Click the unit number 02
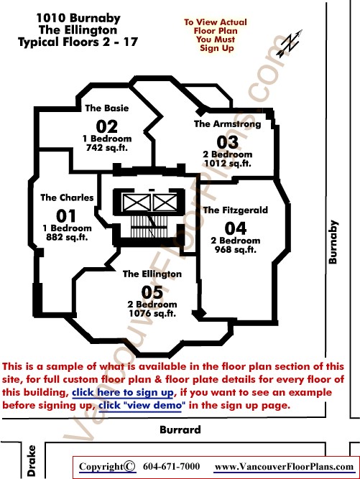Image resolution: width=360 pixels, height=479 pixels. pos(106,126)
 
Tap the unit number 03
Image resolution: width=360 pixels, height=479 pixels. pos(227,142)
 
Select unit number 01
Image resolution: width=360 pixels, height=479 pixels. pos(65,216)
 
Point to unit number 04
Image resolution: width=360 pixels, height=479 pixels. pos(235,228)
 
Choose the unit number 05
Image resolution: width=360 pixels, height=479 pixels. pos(152,292)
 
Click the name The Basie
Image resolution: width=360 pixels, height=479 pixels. pos(106,108)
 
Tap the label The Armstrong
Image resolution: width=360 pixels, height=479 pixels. pos(227,124)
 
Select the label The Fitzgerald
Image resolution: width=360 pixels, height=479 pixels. pos(235,210)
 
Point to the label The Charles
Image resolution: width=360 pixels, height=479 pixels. pos(67,197)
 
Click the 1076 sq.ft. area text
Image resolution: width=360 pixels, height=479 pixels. pos(152,313)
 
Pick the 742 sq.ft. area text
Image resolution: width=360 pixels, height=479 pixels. pos(106,148)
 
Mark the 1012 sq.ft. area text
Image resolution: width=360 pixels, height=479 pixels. pos(227,164)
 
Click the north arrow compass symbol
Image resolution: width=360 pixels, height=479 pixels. pos(290,43)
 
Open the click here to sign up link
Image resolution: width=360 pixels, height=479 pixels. pos(123,393)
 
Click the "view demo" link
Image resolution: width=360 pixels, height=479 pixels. pos(142,406)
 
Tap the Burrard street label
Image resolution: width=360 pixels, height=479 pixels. pos(180,430)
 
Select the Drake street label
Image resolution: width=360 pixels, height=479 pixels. pos(32,461)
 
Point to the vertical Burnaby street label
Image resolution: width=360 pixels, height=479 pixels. pos(333,241)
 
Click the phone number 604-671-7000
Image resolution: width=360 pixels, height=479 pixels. pos(171,467)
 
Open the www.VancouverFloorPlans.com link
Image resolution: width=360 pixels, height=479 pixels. pos(284,467)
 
